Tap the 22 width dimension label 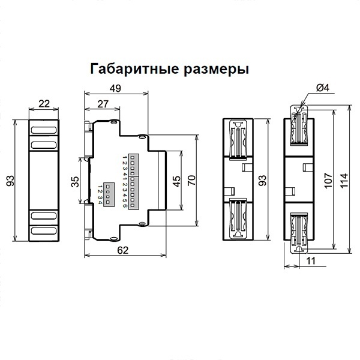point(44,103)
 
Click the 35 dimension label point(74,182)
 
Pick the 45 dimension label point(176,181)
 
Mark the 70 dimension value point(192,181)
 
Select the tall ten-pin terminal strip point(132,181)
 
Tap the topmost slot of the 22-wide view point(44,129)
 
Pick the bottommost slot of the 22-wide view point(44,231)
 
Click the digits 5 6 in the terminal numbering point(124,202)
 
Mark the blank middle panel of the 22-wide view point(44,180)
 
